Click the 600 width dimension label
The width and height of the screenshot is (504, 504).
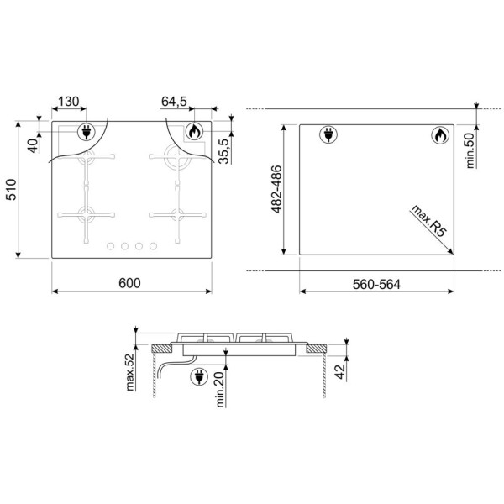point(129,283)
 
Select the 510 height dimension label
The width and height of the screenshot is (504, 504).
point(11,190)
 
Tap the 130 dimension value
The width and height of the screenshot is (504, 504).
point(69,102)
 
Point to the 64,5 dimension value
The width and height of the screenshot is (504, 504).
point(174,102)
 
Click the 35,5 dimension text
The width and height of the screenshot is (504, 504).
point(223,151)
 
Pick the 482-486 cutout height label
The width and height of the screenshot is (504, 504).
point(276,189)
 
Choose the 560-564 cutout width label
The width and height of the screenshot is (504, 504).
point(376,285)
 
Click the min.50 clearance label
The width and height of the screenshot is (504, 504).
point(470,150)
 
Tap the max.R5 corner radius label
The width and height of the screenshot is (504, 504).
point(429,221)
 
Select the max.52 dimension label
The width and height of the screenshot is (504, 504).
point(129,372)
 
